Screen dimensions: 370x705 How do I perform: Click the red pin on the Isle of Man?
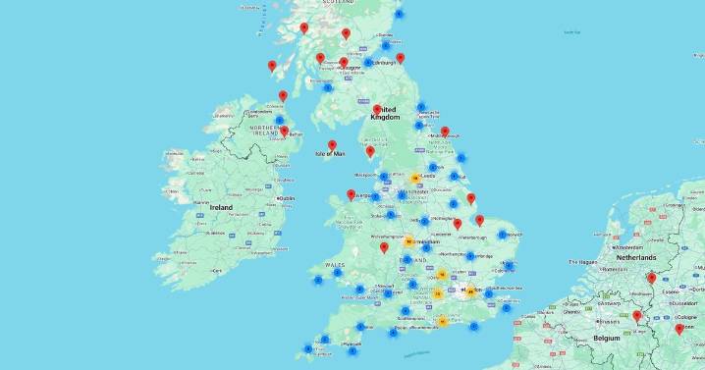333,145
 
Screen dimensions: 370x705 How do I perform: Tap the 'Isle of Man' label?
330,154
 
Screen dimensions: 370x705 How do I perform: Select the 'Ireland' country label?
221,208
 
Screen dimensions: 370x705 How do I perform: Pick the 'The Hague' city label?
588,262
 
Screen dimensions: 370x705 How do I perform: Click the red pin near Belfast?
284,131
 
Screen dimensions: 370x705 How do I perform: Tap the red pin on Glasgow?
343,63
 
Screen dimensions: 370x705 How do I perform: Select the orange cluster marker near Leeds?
416,179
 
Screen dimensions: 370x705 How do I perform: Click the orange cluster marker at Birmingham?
407,240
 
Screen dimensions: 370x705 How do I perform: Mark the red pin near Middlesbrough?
445,132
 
